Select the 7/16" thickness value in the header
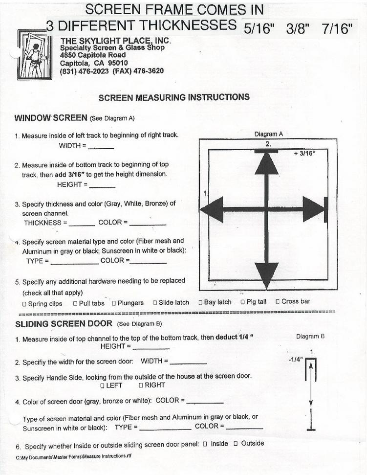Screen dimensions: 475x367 [337, 29]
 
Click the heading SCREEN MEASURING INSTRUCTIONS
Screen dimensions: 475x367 [174, 97]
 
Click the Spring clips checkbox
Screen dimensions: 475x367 [24, 304]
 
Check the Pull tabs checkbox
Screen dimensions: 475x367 [75, 303]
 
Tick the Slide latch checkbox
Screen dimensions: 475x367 [155, 303]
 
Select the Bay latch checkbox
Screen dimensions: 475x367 [200, 302]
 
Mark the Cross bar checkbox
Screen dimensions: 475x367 [278, 301]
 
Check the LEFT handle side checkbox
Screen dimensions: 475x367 [102, 385]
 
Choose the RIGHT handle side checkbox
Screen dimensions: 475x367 [140, 385]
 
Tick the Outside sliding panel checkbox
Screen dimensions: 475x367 [236, 443]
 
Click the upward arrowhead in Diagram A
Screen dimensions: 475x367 [266, 163]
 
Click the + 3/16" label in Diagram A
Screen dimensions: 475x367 [304, 153]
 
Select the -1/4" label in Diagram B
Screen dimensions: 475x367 [296, 360]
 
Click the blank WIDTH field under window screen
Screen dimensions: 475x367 [101, 146]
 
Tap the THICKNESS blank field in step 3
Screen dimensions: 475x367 [82, 224]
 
